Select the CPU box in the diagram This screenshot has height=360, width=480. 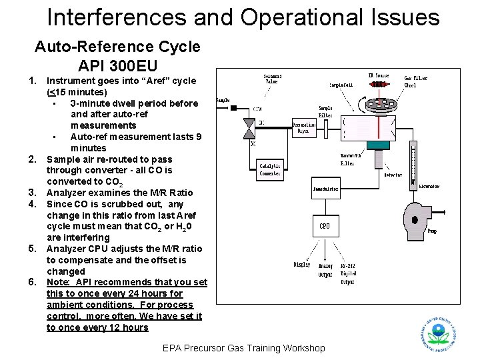tap(324, 226)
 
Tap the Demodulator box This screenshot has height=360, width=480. tap(325, 189)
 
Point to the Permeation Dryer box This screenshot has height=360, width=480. tap(305, 127)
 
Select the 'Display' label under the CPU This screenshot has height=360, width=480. tap(302, 265)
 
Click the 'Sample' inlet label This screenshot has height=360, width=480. tap(223, 101)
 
